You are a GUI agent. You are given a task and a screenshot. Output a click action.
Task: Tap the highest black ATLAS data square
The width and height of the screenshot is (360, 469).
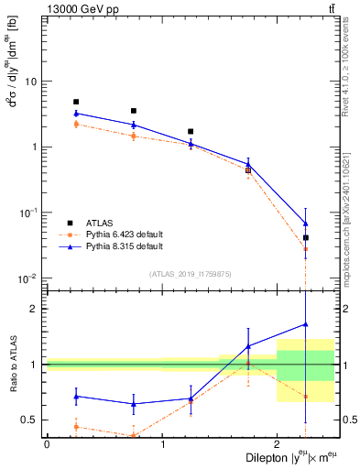pos(76,102)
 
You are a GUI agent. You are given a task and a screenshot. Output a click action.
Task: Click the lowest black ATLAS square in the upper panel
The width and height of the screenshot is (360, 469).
pos(306,237)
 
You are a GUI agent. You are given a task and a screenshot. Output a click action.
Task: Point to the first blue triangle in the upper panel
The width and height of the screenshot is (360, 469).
pos(76,114)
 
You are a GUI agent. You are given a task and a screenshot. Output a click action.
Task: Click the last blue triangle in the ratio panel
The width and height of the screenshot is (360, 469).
pos(306,323)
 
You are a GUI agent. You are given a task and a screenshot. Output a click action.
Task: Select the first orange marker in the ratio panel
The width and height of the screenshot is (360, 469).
pos(76,427)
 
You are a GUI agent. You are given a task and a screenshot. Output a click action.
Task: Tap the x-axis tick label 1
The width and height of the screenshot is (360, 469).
pos(162,444)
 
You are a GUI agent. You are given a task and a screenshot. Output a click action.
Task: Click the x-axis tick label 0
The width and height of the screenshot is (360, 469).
pos(47,444)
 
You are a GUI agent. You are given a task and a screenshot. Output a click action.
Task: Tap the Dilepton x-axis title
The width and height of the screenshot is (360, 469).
pos(286,458)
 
